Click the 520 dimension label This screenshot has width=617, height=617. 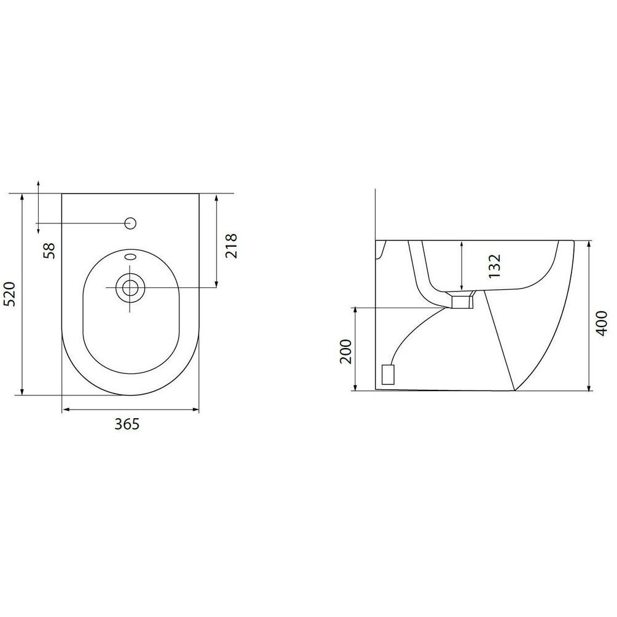tap(9, 294)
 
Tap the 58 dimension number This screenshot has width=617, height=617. tap(49, 250)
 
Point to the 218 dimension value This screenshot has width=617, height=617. tap(231, 246)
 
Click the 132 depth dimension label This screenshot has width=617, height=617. tap(494, 266)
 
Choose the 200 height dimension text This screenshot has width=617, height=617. tap(346, 351)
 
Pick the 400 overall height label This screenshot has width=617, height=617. tap(602, 323)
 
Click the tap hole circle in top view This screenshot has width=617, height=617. tap(130, 223)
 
